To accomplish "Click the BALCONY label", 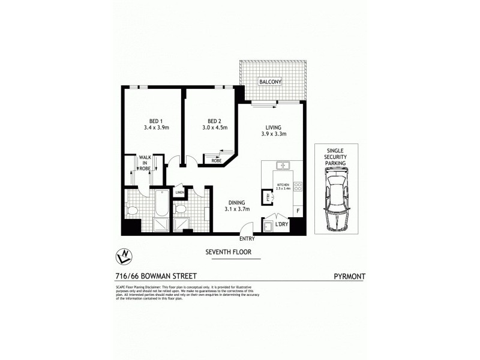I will click(x=270, y=82).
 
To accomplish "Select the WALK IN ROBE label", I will click(x=144, y=163).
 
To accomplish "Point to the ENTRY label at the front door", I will click(x=247, y=238).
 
